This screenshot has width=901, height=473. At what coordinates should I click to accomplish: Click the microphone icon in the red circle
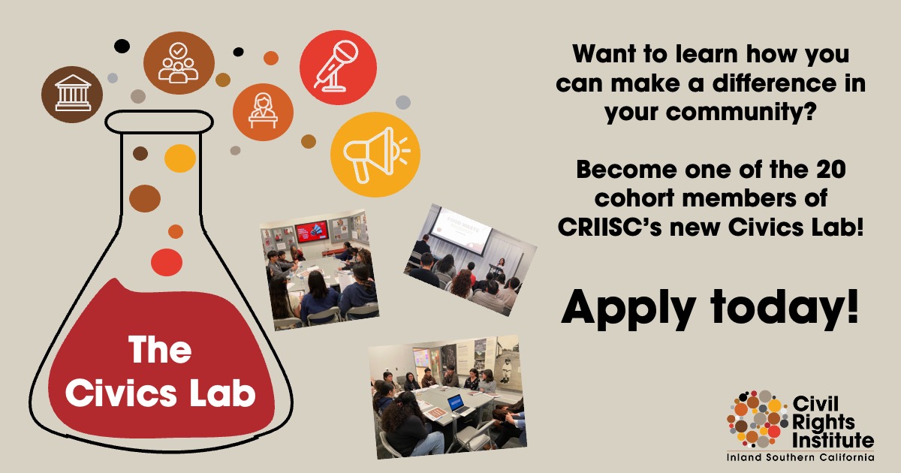click(x=336, y=66)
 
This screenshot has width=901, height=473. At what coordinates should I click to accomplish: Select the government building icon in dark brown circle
click(x=73, y=93)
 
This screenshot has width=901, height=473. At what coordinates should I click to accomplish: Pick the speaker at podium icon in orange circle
click(x=263, y=110)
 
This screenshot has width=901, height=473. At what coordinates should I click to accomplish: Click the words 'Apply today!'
click(x=710, y=309)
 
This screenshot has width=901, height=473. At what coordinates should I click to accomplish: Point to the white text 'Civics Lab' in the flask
click(x=161, y=393)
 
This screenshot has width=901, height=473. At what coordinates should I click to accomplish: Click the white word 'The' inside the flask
click(x=160, y=350)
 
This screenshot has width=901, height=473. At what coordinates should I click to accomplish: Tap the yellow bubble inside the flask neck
click(x=179, y=158)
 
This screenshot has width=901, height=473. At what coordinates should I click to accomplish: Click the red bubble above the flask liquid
click(x=167, y=262)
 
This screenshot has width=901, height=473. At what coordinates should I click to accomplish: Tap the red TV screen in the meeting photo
click(x=312, y=231)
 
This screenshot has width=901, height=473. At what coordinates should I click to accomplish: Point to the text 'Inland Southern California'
click(x=800, y=457)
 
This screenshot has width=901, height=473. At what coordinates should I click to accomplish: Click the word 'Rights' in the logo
click(x=824, y=422)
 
